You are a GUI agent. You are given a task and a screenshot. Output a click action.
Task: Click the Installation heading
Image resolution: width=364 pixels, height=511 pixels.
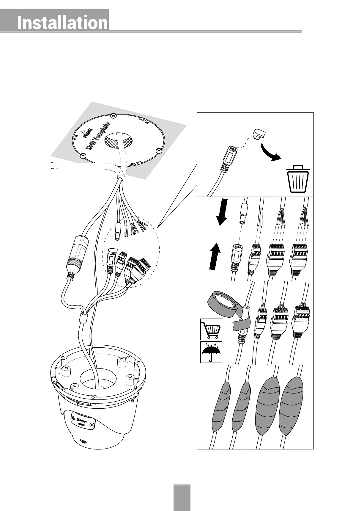[62, 23]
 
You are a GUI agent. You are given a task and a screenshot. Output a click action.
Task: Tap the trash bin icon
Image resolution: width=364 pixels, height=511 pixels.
[298, 179]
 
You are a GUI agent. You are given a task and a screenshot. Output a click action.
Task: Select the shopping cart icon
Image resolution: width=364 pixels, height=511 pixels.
[211, 329]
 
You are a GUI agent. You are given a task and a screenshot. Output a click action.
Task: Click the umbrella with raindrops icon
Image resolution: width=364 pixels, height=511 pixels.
[211, 352]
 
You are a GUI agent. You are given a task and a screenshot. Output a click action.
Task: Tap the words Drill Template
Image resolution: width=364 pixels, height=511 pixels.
[98, 136]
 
